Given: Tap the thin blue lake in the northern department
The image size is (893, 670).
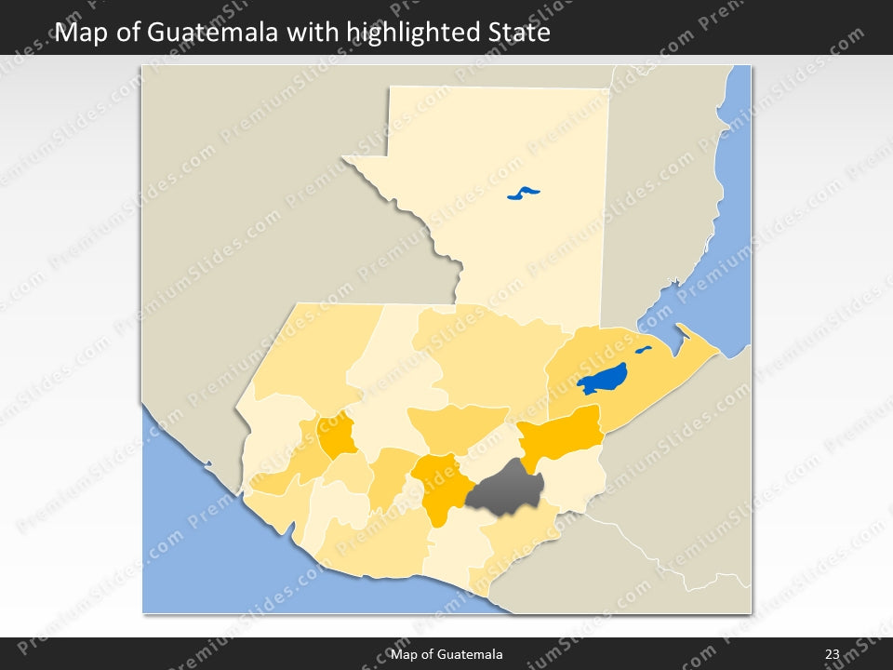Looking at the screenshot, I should click(x=524, y=194).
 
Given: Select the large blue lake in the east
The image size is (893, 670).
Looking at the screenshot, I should click(x=601, y=379).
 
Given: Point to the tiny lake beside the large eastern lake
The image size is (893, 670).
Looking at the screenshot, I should click(x=643, y=351).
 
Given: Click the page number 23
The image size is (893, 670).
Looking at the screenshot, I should click(x=832, y=654).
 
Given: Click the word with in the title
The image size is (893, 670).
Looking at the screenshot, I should click(x=313, y=33).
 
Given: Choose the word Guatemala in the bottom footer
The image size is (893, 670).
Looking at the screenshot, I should click(x=473, y=654).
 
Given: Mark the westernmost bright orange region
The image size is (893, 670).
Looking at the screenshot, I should click(x=337, y=435).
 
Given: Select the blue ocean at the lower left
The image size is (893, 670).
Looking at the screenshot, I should click(x=205, y=549).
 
